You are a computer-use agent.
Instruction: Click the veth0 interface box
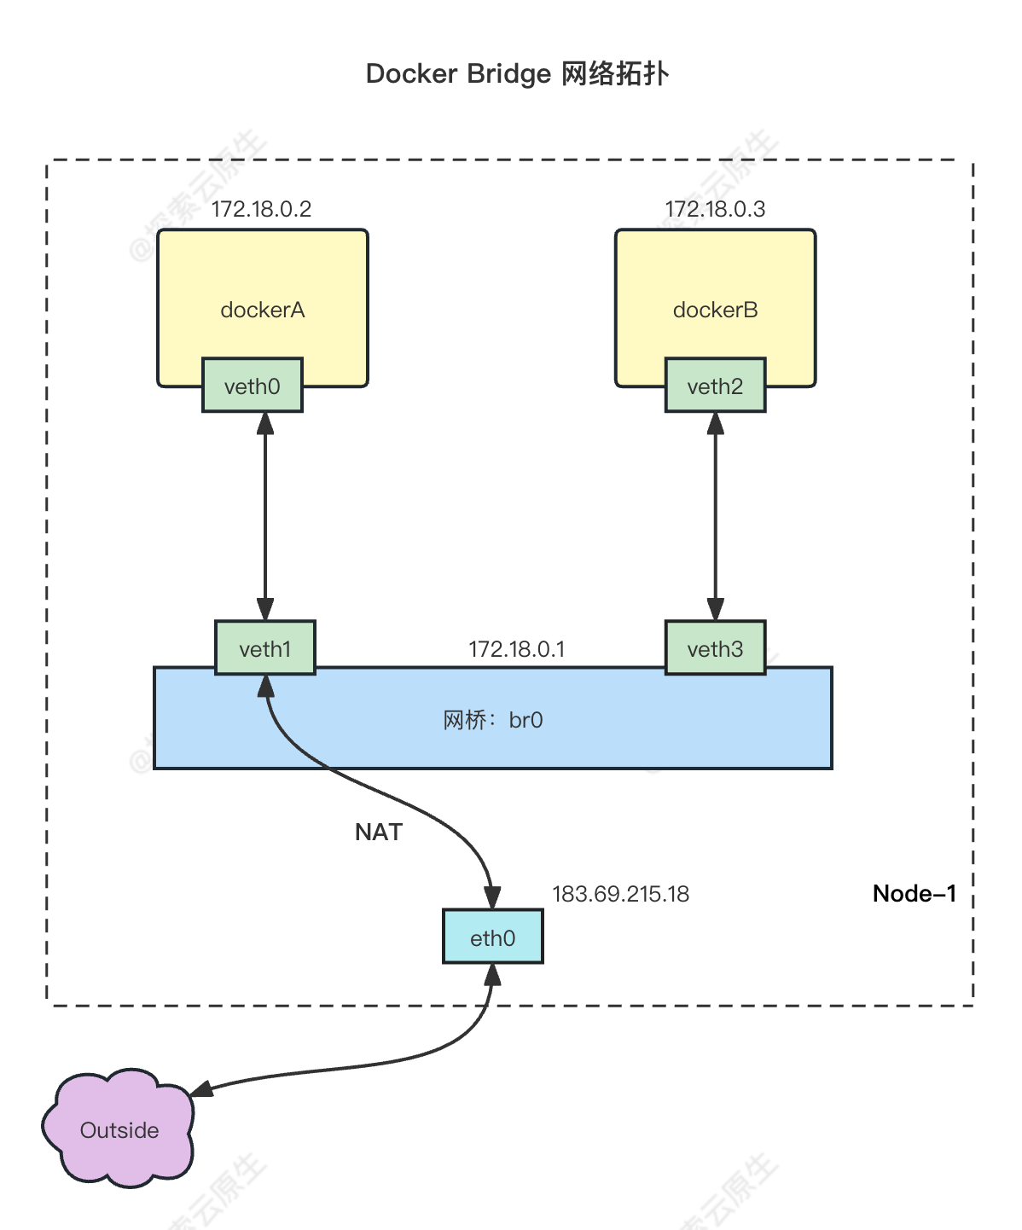[252, 386]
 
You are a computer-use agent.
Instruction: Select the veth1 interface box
[264, 648]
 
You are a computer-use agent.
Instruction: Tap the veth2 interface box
[715, 386]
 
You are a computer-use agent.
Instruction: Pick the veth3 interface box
[715, 648]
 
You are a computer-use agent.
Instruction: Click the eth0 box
[492, 937]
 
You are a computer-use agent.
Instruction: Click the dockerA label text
[262, 310]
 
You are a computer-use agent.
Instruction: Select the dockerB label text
[715, 310]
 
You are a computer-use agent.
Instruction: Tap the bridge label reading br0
[492, 720]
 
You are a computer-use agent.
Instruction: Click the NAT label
[378, 832]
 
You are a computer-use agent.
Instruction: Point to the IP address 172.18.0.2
[261, 209]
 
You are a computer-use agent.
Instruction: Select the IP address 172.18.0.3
[715, 209]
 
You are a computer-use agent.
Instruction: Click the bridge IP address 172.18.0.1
[516, 649]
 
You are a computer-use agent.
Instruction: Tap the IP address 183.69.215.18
[620, 894]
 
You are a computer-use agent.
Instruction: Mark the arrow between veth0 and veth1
[265, 516]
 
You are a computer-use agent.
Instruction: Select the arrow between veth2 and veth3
[715, 516]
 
